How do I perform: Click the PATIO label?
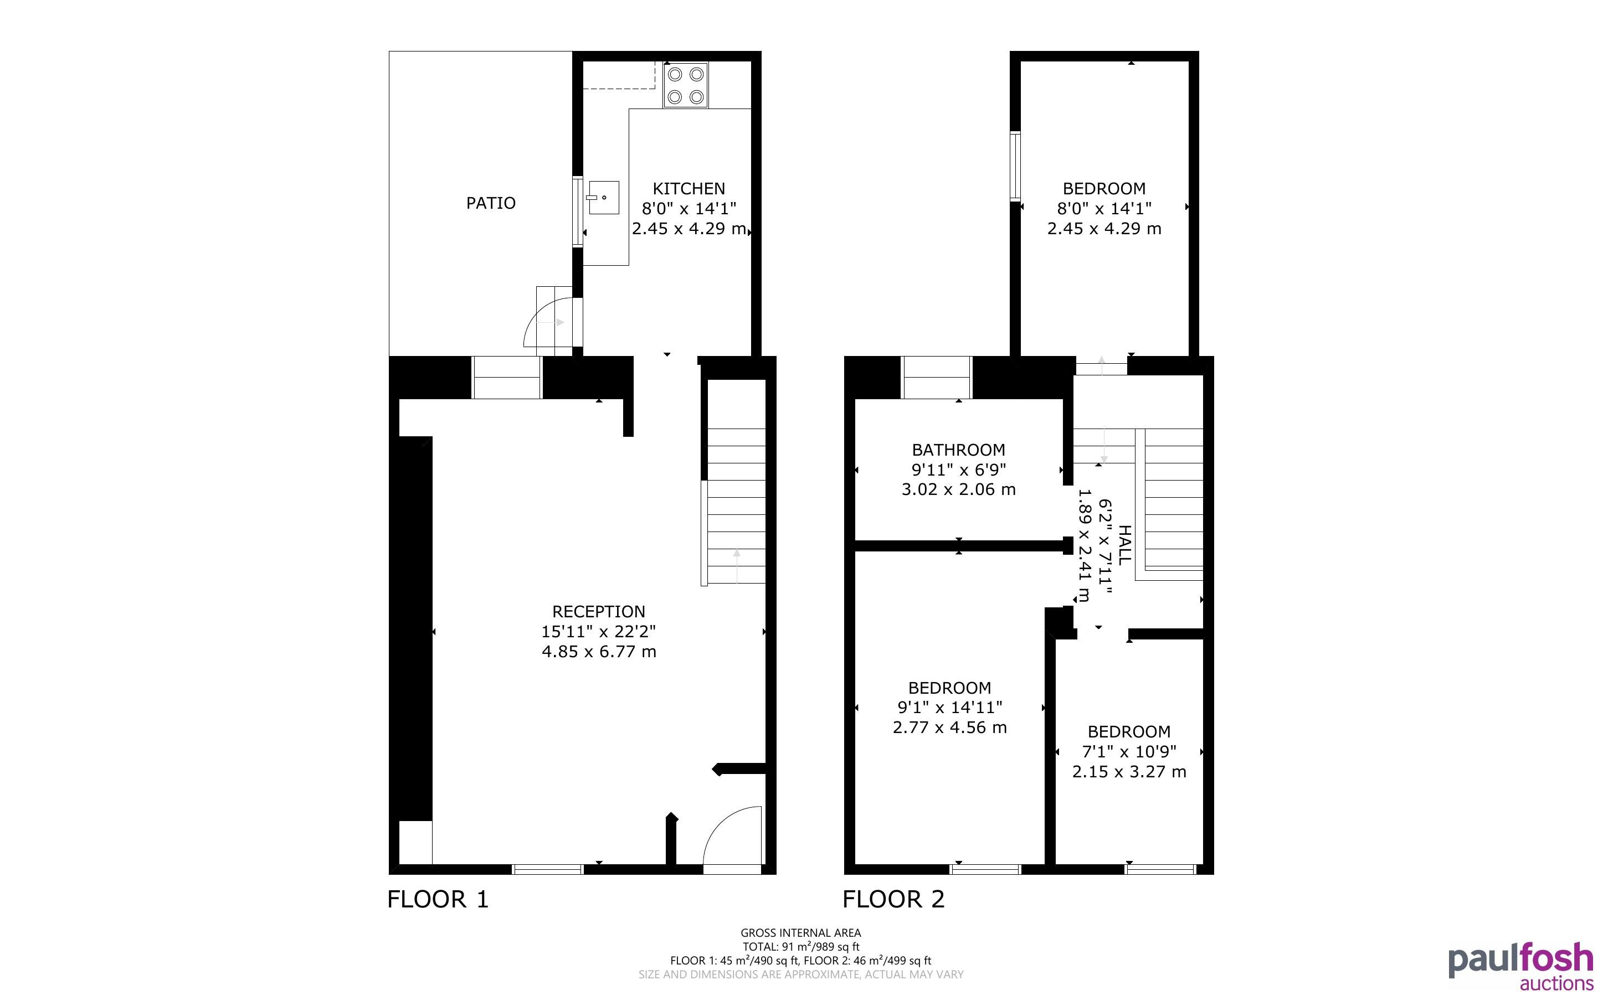coord(491,203)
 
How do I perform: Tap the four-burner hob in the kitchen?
coord(685,85)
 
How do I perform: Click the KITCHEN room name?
coord(689,189)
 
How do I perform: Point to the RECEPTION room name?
coord(599,612)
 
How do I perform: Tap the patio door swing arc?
coord(538,314)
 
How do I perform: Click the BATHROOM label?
coord(958,450)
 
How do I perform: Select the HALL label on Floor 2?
coord(1124,545)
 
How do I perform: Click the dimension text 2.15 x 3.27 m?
coord(1129,772)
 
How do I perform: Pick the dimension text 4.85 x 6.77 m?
coord(599,652)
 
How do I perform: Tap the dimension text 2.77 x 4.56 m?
coord(949,727)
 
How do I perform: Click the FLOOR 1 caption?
coord(438,900)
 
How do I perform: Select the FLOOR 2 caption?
coord(893,900)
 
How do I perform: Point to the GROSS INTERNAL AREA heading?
coord(800,933)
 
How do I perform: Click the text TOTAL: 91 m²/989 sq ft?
coord(800,947)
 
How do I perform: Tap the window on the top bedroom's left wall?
coord(1015,166)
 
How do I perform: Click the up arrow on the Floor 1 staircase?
coord(737,566)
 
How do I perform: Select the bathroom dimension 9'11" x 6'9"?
coord(958,470)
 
